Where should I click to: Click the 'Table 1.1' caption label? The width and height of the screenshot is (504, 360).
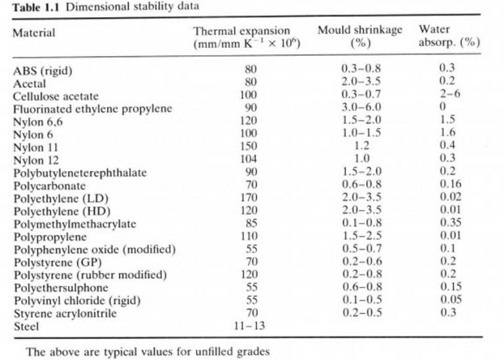click(x=31, y=7)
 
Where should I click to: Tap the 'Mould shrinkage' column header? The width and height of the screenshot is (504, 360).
click(x=360, y=31)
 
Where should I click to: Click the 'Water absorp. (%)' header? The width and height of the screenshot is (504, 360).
click(x=450, y=37)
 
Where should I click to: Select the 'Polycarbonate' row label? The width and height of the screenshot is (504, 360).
click(x=45, y=185)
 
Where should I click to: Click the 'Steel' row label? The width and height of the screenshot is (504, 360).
click(x=26, y=326)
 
